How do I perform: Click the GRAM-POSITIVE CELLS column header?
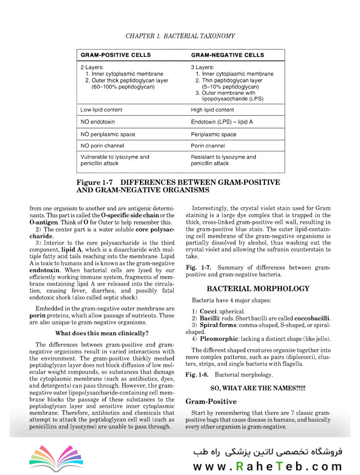click(x=115, y=55)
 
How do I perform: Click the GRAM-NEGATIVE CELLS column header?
click(x=228, y=55)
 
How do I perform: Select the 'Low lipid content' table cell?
click(x=101, y=110)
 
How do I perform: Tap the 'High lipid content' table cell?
click(x=212, y=110)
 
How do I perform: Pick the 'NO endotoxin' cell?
click(x=97, y=122)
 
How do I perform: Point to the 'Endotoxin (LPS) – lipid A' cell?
click(x=222, y=122)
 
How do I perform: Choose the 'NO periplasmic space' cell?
click(x=107, y=135)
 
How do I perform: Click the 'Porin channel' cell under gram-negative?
click(x=208, y=146)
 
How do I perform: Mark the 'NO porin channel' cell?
click(x=102, y=146)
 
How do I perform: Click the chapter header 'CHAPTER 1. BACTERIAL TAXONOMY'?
click(x=180, y=36)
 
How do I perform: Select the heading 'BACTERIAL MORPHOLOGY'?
click(x=258, y=289)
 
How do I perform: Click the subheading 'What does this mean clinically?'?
click(x=102, y=333)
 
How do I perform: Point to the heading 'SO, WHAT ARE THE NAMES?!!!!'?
click(x=258, y=388)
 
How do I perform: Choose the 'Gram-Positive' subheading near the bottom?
click(x=211, y=402)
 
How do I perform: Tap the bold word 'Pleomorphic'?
click(x=220, y=339)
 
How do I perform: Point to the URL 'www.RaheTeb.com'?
click(x=267, y=466)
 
